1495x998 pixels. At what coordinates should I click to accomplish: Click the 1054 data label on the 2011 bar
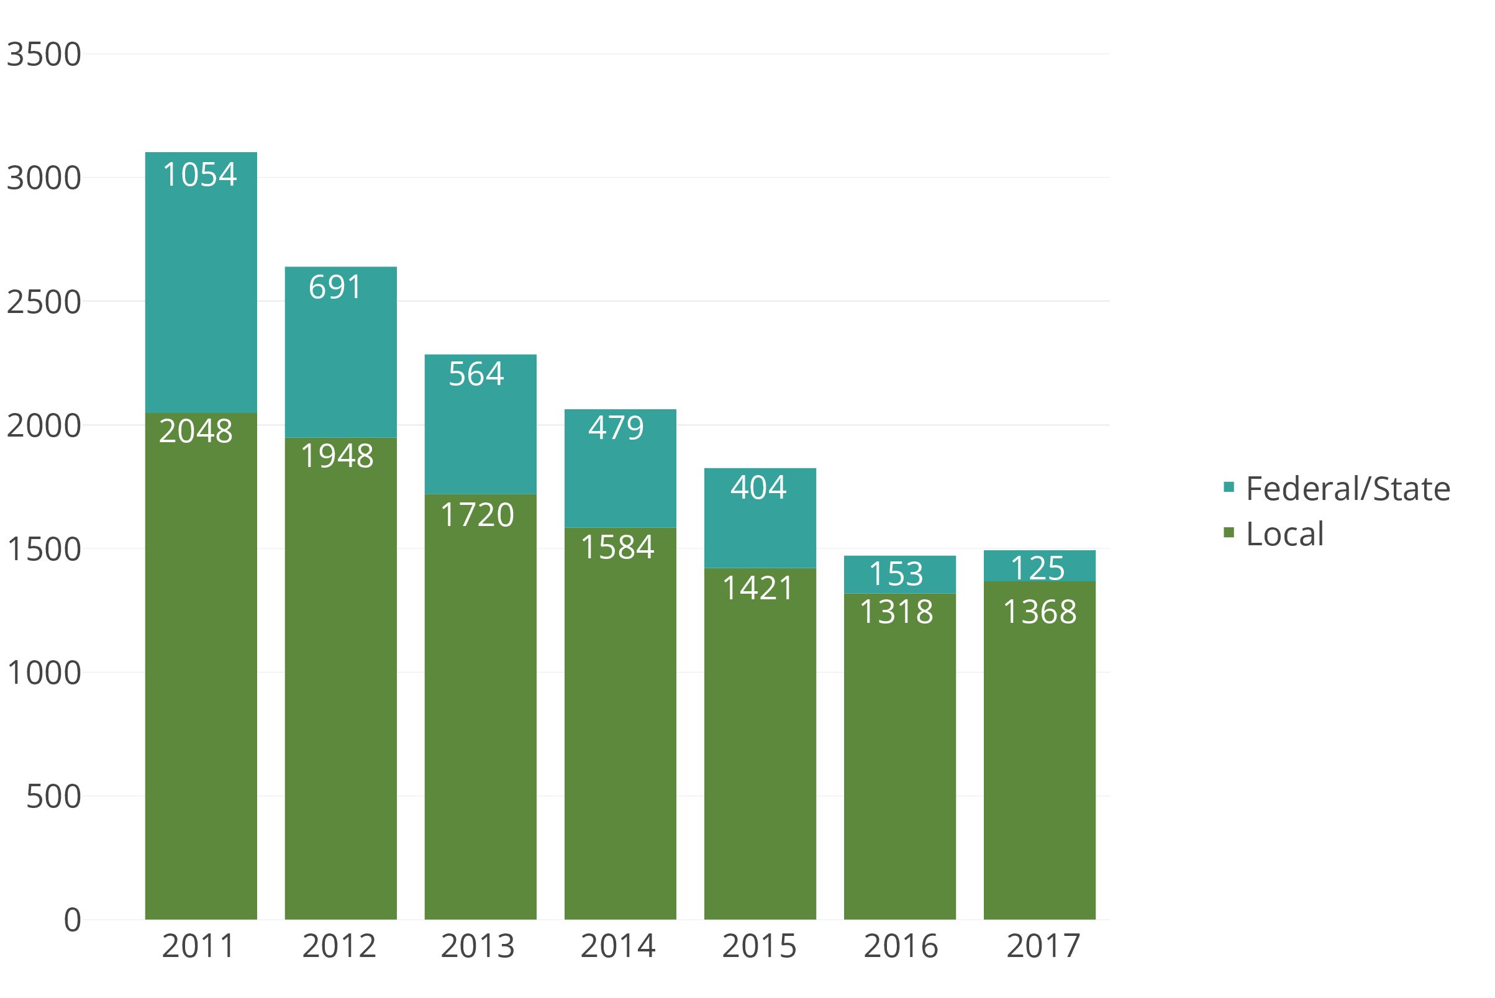click(200, 175)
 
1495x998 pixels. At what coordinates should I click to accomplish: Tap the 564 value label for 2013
click(476, 374)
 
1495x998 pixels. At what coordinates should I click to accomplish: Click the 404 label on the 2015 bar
click(758, 488)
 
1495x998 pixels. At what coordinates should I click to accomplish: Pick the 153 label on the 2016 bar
click(896, 574)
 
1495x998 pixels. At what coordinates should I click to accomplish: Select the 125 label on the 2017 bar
click(1037, 568)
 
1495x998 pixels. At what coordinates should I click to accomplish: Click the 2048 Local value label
click(196, 432)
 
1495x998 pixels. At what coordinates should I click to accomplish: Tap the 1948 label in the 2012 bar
click(337, 456)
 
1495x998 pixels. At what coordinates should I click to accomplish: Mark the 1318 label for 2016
click(896, 612)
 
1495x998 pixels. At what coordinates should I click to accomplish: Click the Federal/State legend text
click(1347, 489)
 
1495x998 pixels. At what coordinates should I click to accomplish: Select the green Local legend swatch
click(1229, 532)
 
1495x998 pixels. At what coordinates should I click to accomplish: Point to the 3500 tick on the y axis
click(44, 55)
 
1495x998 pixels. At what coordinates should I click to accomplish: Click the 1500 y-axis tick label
click(44, 549)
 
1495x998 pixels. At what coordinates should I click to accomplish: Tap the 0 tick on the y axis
click(73, 920)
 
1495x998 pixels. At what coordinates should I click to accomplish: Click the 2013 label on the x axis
click(478, 946)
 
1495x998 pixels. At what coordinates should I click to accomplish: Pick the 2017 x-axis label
click(1043, 946)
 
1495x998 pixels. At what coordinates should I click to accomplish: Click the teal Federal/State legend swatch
click(1229, 488)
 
